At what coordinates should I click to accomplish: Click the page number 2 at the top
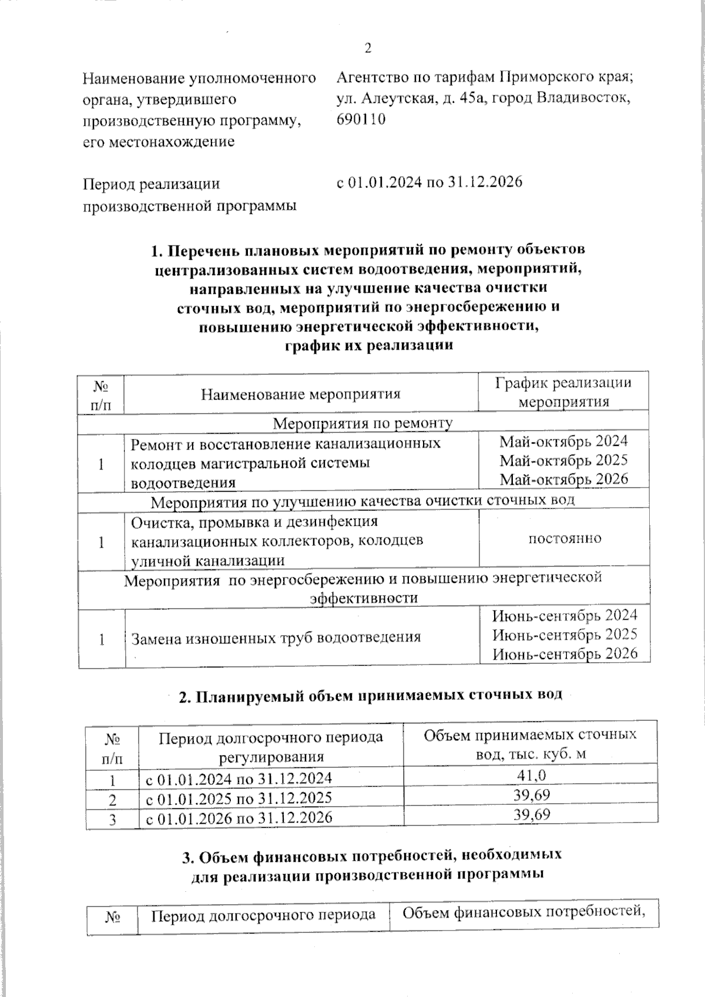point(368,49)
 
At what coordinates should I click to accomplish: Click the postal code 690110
point(361,120)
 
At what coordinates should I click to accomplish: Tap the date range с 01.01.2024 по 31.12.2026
point(429,183)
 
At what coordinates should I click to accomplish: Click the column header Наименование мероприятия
point(300,394)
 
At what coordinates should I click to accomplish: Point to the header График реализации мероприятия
point(563,392)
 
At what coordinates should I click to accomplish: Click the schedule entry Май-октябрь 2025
point(563,460)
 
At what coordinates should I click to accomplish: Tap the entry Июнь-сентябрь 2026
point(565,653)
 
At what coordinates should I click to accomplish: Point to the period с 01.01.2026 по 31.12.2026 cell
point(238,817)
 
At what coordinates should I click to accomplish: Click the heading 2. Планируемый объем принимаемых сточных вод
point(370,696)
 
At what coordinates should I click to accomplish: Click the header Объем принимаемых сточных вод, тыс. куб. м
point(530,744)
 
